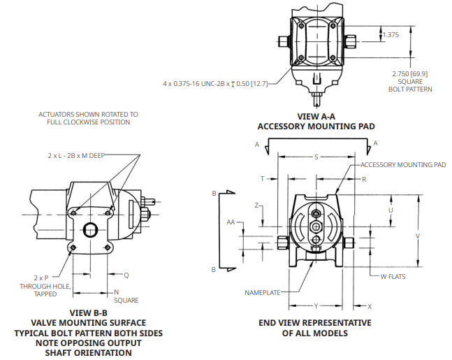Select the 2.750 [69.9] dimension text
pyautogui.click(x=410, y=73)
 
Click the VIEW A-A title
pyautogui.click(x=316, y=117)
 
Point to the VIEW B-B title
pyautogui.click(x=88, y=312)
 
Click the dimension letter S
pyautogui.click(x=316, y=157)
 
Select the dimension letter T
pyautogui.click(x=263, y=179)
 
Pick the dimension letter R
pyautogui.click(x=364, y=179)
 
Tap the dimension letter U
pyautogui.click(x=391, y=210)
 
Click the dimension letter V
pyautogui.click(x=418, y=236)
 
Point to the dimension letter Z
pyautogui.click(x=256, y=206)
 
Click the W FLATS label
pyautogui.click(x=393, y=276)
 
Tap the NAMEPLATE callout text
pyautogui.click(x=263, y=291)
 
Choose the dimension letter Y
pyautogui.click(x=316, y=306)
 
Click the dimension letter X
pyautogui.click(x=370, y=306)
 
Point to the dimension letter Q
pyautogui.click(x=126, y=275)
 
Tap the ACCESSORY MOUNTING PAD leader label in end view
pyautogui.click(x=403, y=165)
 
